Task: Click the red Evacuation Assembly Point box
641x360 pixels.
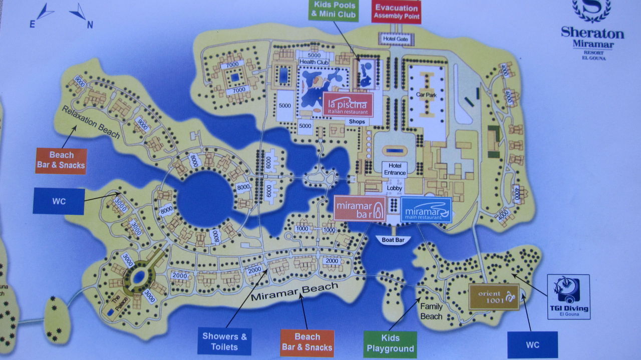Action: coord(396,12)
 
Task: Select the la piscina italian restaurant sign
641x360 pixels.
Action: coord(348,105)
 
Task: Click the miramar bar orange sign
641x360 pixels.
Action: coord(360,208)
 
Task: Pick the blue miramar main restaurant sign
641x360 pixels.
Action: coord(426,209)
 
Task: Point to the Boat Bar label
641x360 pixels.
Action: coord(393,240)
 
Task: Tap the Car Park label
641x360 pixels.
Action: coord(424,94)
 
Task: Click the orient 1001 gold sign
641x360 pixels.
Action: coord(493,296)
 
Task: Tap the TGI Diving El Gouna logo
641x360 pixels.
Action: coord(568,296)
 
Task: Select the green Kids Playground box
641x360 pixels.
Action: coord(390,343)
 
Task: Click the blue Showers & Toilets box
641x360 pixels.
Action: coord(224,341)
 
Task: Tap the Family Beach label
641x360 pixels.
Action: coord(431,311)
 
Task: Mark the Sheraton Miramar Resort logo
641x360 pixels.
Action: coord(592,30)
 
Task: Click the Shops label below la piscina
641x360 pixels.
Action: coord(358,122)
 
